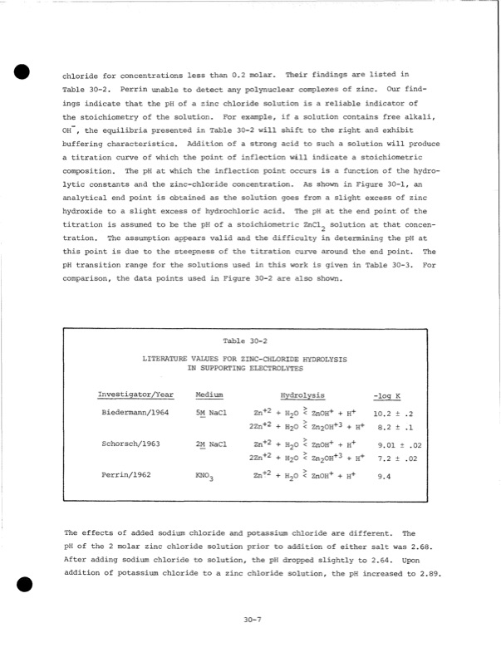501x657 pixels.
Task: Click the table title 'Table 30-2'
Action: (x=246, y=340)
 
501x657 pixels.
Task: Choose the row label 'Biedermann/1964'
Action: (x=135, y=413)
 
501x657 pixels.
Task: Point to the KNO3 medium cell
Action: (x=204, y=478)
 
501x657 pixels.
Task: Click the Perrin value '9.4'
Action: (x=384, y=477)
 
